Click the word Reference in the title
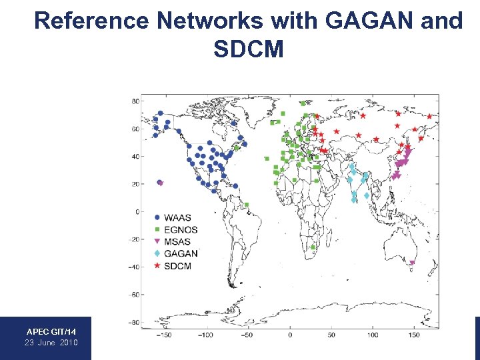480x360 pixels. tap(91, 21)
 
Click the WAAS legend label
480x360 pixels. tap(177, 217)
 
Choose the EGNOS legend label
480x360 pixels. tap(181, 229)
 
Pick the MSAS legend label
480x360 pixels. tap(177, 241)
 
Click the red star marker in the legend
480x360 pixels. tap(157, 266)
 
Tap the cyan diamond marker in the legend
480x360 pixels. tap(157, 254)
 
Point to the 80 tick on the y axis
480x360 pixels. tap(135, 101)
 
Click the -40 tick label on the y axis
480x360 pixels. tap(133, 267)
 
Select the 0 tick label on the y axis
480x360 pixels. tap(137, 211)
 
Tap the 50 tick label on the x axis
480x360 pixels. tap(331, 335)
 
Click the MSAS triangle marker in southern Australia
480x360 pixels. tap(412, 263)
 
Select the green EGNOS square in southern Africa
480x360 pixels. tap(313, 247)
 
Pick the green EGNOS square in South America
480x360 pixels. tap(247, 205)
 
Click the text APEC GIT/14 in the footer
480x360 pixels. tap(51, 331)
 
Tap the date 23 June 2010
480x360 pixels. tap(51, 342)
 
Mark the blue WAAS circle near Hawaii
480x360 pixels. tap(159, 182)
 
